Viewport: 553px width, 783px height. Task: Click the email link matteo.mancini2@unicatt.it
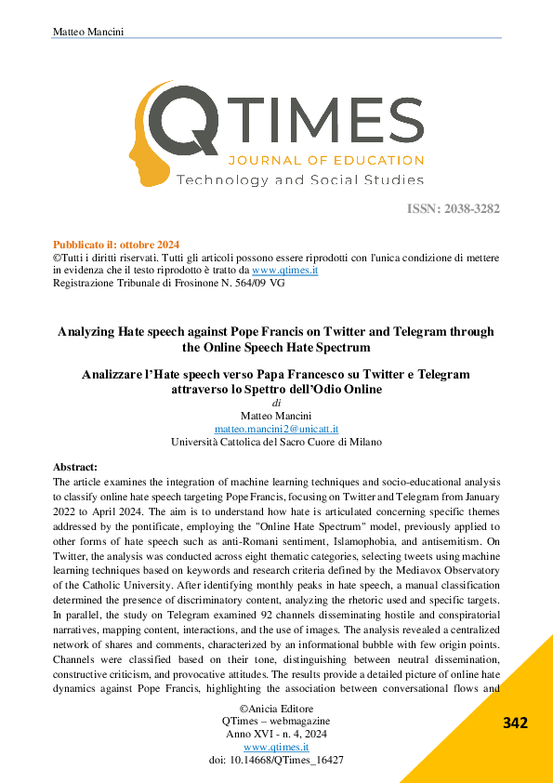(276, 429)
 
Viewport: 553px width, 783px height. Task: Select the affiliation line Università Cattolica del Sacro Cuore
(276, 442)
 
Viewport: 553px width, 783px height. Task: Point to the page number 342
(516, 723)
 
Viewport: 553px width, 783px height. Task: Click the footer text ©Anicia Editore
(276, 709)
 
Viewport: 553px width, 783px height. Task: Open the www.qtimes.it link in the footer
(276, 747)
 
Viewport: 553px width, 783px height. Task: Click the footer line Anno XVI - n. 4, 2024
(276, 734)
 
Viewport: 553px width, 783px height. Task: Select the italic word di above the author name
(276, 404)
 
